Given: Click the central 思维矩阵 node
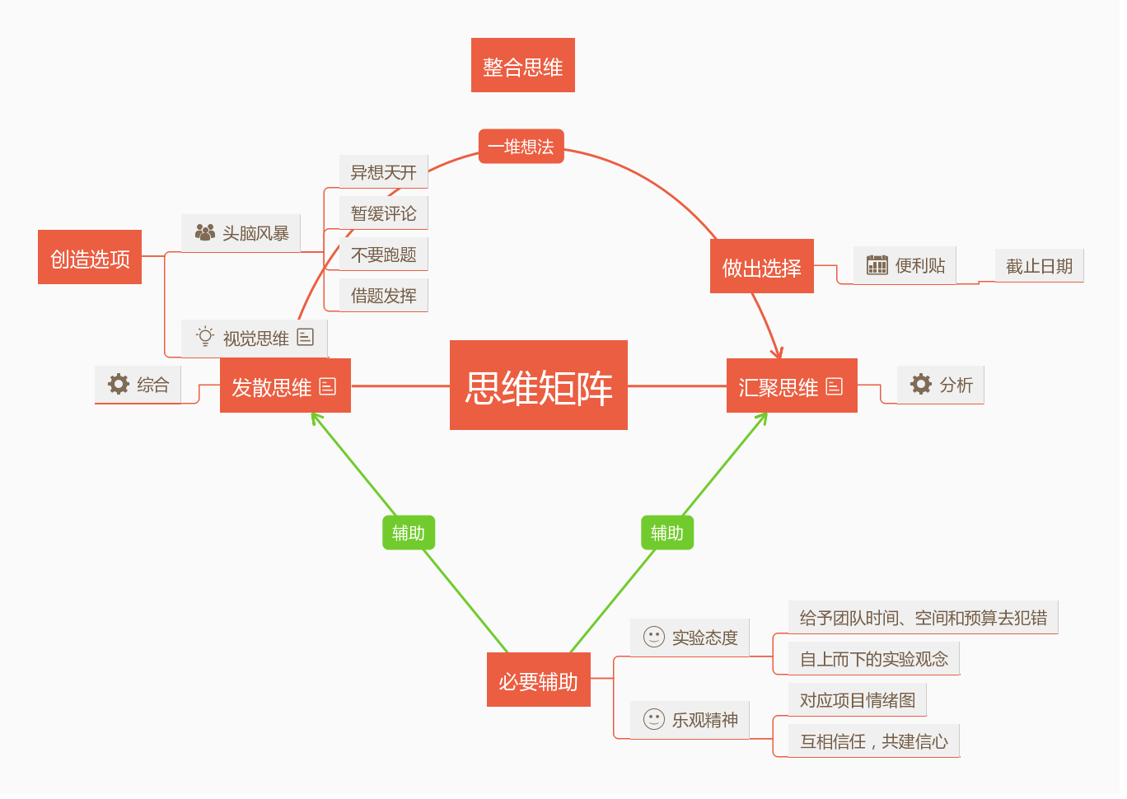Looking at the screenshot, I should pos(539,385).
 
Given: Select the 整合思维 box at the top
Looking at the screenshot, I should pos(523,66).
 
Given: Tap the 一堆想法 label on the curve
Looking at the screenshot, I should pos(521,147).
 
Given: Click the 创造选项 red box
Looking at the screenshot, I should pos(90,258).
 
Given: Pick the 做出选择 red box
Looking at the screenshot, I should pos(762,267).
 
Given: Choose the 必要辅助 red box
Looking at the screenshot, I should pos(539,680).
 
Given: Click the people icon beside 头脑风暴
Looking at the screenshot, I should pos(205,232).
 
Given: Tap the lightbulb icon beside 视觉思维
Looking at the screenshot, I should pos(205,337).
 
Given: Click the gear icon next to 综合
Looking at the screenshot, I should pos(119,384).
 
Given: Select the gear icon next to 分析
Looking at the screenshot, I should pos(920,384).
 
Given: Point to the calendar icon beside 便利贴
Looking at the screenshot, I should pos(877,265).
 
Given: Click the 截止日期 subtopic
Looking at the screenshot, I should pos(1039,266).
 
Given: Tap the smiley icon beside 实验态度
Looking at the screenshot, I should pos(654,637).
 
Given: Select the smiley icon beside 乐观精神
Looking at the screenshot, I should pos(654,719).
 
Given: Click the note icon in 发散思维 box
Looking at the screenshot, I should pos(328,386).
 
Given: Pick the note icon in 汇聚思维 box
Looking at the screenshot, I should pos(835,386).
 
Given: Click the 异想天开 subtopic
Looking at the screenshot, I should pos(384,172).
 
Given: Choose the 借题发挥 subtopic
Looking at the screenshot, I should pos(384,296).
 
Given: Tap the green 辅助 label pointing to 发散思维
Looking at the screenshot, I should pos(409,533).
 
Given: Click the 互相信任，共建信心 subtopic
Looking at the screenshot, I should pos(874,741).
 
